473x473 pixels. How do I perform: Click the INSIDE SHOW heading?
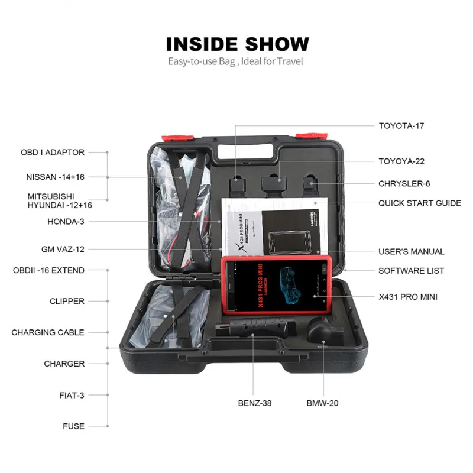(x=237, y=44)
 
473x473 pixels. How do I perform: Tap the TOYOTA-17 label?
(x=401, y=125)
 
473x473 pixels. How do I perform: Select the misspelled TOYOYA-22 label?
(x=401, y=161)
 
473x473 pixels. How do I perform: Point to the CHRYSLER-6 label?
(x=404, y=184)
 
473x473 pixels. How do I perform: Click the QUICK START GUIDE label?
(x=420, y=203)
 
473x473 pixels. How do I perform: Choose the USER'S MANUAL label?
(x=412, y=252)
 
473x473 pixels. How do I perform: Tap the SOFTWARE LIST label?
(x=411, y=271)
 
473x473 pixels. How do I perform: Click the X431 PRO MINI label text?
(x=408, y=297)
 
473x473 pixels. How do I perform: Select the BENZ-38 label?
(x=255, y=403)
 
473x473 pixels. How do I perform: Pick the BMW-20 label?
(x=322, y=403)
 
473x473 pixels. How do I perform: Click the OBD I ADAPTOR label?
(x=53, y=153)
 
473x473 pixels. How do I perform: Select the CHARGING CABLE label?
(x=48, y=333)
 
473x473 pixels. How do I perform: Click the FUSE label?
(x=74, y=426)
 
